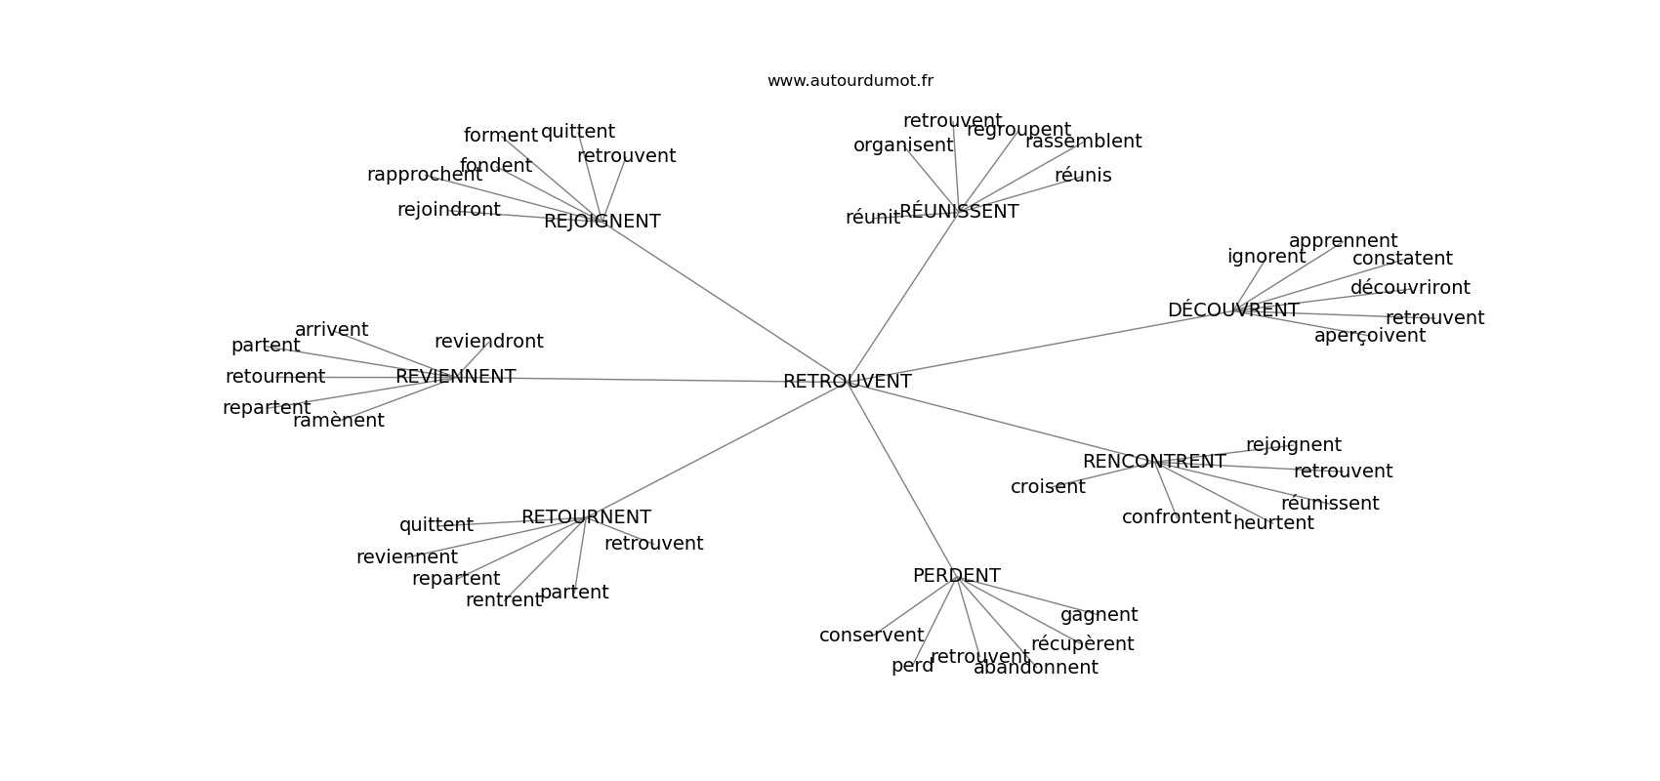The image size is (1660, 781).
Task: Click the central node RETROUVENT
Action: click(x=847, y=382)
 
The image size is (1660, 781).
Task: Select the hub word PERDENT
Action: click(x=956, y=576)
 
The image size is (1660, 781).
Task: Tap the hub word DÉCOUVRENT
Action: click(x=1232, y=310)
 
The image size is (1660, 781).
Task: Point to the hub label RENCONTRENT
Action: click(x=1153, y=462)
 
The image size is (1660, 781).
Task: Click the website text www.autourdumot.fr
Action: click(x=850, y=81)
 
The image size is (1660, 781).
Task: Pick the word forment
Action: click(x=500, y=136)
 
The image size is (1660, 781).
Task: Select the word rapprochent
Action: click(x=424, y=175)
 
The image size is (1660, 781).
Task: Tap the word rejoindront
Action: click(x=448, y=210)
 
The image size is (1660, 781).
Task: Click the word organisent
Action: click(x=902, y=145)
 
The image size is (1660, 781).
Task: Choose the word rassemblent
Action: click(x=1083, y=142)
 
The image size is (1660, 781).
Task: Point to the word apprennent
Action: click(x=1343, y=241)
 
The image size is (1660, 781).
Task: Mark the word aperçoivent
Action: click(x=1369, y=336)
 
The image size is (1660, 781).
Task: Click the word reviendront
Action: click(x=488, y=342)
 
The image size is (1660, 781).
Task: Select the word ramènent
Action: click(x=338, y=421)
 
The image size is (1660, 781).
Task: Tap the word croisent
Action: click(x=1047, y=487)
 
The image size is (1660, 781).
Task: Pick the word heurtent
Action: click(x=1273, y=523)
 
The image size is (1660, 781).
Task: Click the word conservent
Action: click(x=871, y=636)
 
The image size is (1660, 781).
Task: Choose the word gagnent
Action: click(x=1099, y=615)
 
